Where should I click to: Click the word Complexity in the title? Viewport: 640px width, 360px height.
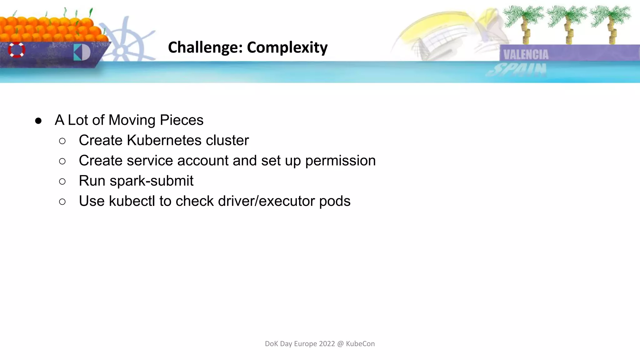(287, 47)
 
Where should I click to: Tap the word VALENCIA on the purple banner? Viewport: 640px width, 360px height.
(526, 55)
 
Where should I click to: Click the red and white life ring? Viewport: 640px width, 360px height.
(16, 50)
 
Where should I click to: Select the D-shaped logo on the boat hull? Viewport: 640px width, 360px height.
(82, 52)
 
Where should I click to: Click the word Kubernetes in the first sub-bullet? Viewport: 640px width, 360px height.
(164, 140)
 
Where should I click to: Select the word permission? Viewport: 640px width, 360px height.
(340, 161)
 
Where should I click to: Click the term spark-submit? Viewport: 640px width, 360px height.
(152, 181)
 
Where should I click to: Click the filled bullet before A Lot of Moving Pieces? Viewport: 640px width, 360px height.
(38, 121)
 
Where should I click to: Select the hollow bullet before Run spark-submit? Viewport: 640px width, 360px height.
(62, 181)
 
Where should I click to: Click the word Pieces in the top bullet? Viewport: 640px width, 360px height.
(181, 120)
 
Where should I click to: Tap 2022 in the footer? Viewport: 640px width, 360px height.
(327, 344)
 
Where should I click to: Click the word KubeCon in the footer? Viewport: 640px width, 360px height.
(360, 344)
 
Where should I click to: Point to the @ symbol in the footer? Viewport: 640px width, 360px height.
(340, 344)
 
